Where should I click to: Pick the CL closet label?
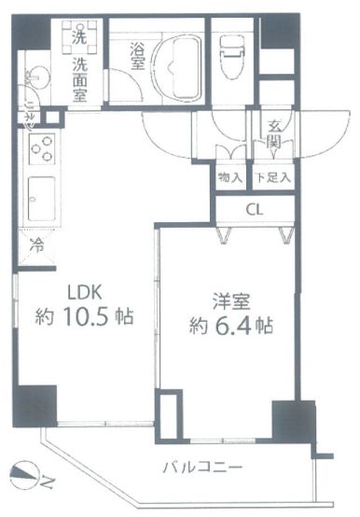pyautogui.click(x=254, y=209)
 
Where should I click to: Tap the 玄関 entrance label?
pyautogui.click(x=274, y=134)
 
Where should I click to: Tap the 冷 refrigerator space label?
pyautogui.click(x=36, y=247)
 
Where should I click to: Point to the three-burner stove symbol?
pyautogui.click(x=41, y=147)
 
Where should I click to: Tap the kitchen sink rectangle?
pyautogui.click(x=41, y=198)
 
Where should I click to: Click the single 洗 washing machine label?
pyautogui.click(x=80, y=38)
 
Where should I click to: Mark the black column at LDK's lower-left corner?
pyautogui.click(x=36, y=402)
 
